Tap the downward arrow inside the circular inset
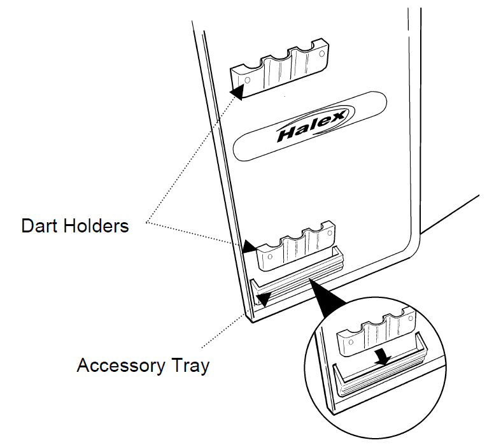(x=382, y=356)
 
